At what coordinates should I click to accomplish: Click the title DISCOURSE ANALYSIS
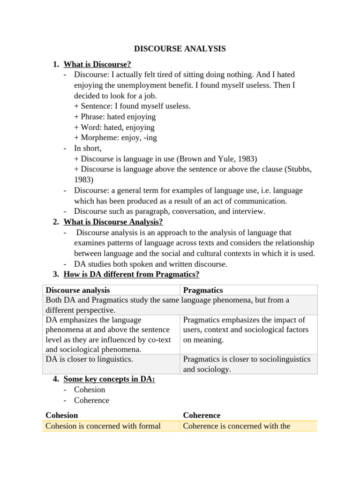click(x=180, y=49)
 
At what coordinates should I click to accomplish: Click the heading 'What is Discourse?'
click(x=97, y=64)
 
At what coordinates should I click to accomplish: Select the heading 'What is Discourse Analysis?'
click(x=113, y=222)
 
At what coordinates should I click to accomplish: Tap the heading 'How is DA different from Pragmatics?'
click(x=131, y=274)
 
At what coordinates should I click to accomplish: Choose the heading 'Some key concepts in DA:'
click(x=109, y=379)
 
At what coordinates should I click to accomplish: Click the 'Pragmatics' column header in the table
click(x=202, y=291)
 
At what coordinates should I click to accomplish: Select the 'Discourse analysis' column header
click(x=77, y=291)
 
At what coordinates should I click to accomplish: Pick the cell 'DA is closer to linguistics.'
click(x=89, y=360)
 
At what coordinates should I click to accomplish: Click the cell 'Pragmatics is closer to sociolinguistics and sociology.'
click(x=247, y=364)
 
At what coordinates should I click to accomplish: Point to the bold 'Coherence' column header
click(x=202, y=415)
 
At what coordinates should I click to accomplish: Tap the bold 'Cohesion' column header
click(x=61, y=415)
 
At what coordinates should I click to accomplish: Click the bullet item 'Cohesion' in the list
click(x=90, y=390)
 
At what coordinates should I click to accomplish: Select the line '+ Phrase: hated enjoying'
click(x=115, y=117)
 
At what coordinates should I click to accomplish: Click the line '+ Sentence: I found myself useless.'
click(x=132, y=106)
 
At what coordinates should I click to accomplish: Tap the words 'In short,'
click(x=88, y=148)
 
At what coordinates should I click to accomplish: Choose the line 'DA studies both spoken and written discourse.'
click(x=150, y=264)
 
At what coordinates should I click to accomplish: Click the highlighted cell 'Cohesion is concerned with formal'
click(x=103, y=426)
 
